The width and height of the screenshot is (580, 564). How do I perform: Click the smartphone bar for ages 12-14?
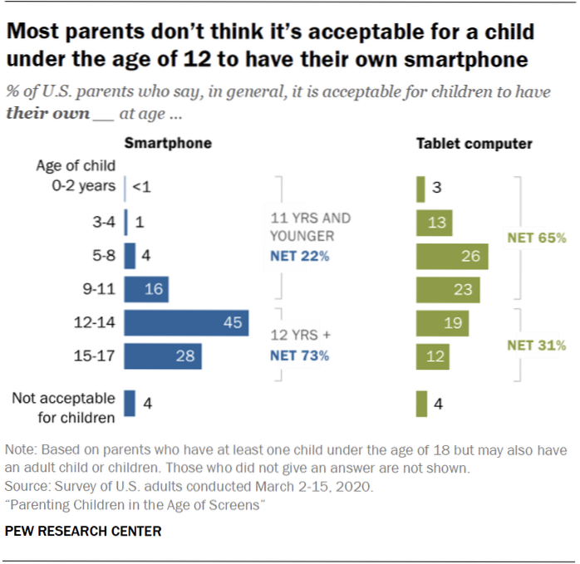tap(187, 323)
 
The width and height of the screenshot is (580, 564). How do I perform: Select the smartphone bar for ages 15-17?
tap(163, 356)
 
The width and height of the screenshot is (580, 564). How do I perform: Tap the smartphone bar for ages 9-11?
tap(146, 289)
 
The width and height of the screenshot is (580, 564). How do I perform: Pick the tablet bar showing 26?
tap(452, 256)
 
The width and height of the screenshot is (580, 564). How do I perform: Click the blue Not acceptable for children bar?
tap(130, 403)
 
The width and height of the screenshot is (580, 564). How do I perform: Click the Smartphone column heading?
tap(168, 144)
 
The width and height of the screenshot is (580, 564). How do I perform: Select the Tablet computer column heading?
tap(474, 144)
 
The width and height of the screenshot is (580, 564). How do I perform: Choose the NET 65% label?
tap(536, 238)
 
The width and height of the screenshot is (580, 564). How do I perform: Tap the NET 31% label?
tap(536, 346)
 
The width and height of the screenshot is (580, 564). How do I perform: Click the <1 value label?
tap(141, 186)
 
